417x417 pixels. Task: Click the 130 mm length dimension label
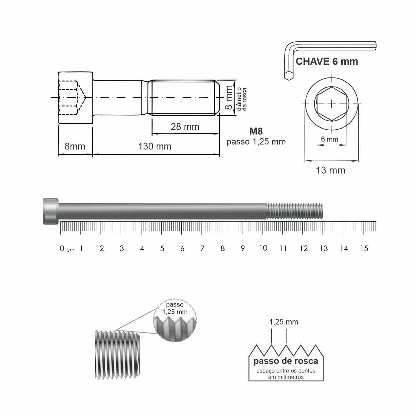(x=155, y=146)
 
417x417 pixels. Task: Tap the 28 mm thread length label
(x=185, y=127)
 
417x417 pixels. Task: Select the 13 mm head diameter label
(x=330, y=170)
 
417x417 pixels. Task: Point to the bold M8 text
(x=256, y=131)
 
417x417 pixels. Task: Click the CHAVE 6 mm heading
(x=327, y=62)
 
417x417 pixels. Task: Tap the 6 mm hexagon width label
(x=329, y=139)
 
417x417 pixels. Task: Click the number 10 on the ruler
(x=263, y=248)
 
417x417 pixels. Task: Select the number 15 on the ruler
(x=364, y=248)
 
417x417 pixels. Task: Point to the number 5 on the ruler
(x=162, y=248)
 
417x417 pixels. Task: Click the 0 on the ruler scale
(x=62, y=248)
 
